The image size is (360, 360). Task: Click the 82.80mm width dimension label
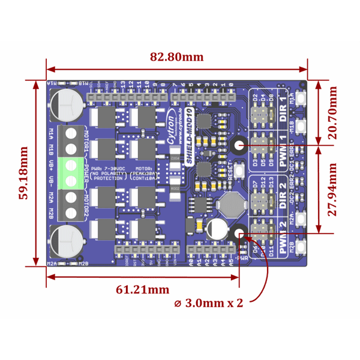point(176,57)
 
